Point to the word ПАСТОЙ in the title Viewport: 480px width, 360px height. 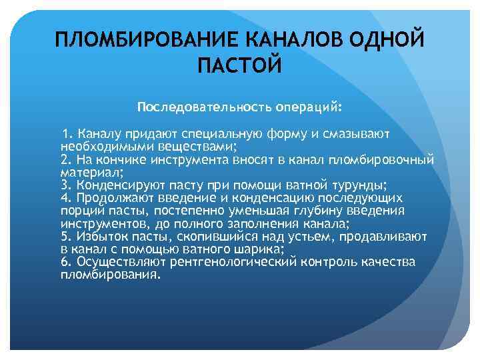[240, 65]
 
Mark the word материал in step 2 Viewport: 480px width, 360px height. [86, 171]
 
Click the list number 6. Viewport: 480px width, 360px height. [65, 262]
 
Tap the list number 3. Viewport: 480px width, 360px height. [65, 185]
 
